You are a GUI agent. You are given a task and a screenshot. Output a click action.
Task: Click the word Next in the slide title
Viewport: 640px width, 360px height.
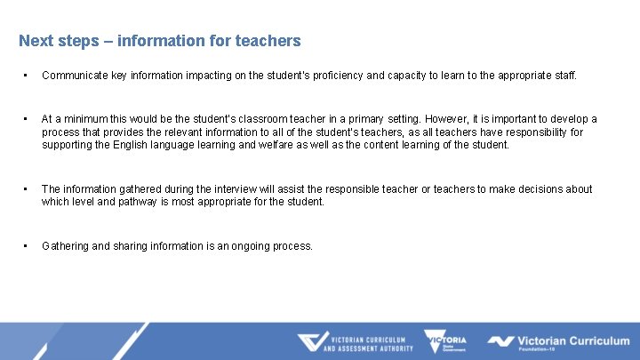(x=36, y=41)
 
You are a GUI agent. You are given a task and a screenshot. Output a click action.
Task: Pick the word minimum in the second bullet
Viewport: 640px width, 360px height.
(x=87, y=119)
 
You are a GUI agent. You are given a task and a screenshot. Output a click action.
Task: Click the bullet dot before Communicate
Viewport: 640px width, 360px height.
(x=28, y=76)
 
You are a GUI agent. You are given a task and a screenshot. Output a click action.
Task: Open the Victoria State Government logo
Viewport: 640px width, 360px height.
(x=445, y=342)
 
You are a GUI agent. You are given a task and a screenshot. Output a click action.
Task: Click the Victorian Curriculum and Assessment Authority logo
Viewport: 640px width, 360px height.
(x=355, y=342)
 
